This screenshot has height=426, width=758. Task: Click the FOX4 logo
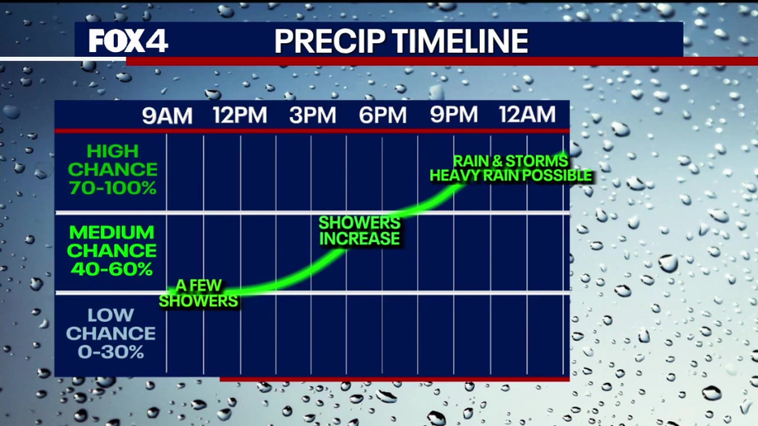[129, 41]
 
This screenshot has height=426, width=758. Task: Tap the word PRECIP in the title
[330, 41]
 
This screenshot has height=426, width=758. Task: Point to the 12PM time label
[240, 115]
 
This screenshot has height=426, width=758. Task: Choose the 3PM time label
[313, 115]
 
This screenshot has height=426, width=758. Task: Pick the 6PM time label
[383, 115]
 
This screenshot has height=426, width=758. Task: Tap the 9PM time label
[454, 115]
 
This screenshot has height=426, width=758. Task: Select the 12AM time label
[527, 115]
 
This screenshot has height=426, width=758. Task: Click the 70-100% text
[112, 188]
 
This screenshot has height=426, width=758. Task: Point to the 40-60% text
[111, 269]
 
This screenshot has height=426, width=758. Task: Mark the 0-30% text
[111, 352]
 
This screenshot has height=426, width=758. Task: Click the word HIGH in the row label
[112, 152]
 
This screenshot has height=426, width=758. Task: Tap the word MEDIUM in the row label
[111, 233]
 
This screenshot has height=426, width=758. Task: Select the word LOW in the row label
[111, 315]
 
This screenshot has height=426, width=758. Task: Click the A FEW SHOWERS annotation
[198, 293]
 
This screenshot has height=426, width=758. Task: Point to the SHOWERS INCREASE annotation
[359, 231]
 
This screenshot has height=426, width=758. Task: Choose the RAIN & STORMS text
[511, 161]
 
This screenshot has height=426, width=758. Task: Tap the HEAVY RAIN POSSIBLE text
[511, 176]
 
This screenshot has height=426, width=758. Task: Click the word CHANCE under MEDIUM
[111, 250]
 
